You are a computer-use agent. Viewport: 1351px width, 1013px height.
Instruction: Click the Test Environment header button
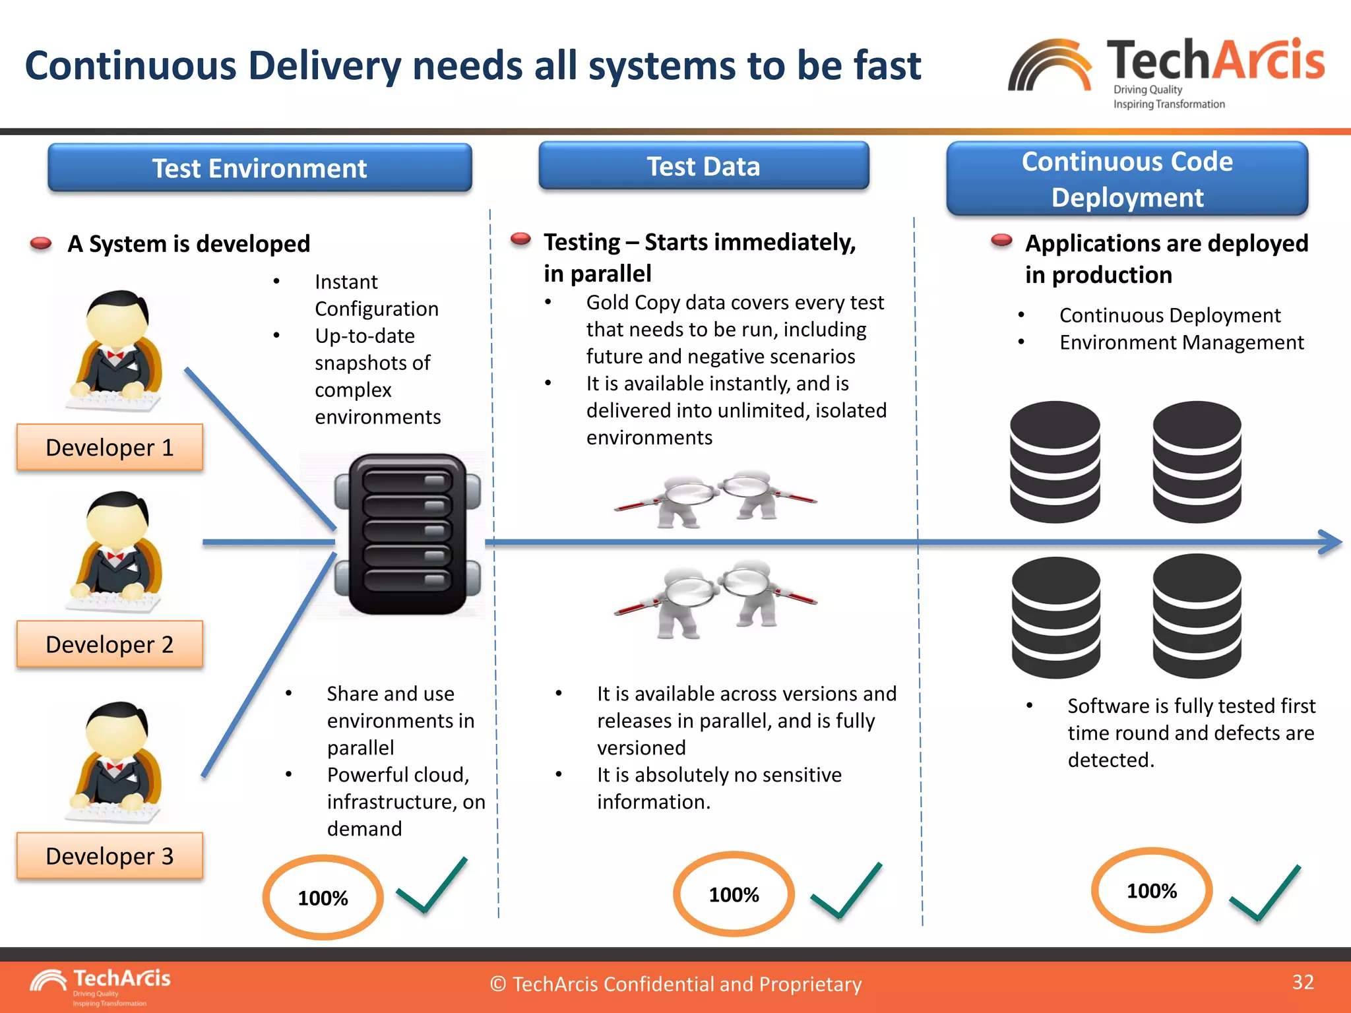click(259, 168)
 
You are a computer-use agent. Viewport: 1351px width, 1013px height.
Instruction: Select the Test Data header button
click(703, 166)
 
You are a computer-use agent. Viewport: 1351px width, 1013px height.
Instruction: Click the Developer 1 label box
click(110, 447)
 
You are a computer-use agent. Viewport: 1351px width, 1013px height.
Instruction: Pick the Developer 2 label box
click(110, 644)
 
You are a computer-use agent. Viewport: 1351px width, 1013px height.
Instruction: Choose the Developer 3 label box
click(110, 855)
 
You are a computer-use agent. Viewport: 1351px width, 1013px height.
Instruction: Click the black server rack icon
click(407, 534)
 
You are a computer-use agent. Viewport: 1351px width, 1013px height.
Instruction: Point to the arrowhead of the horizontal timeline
click(1333, 542)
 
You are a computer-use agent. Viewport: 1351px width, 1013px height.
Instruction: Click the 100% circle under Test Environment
click(323, 898)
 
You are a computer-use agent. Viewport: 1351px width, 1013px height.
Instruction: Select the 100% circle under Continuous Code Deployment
click(1152, 890)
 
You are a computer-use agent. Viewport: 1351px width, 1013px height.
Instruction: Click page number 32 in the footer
click(1303, 982)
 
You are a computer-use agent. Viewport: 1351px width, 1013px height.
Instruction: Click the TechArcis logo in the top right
click(1166, 71)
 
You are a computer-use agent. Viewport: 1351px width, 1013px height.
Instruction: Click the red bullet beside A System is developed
click(41, 244)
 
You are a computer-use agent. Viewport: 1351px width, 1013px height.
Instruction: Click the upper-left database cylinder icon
click(1055, 462)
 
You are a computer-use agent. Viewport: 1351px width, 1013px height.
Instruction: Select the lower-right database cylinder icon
click(1197, 616)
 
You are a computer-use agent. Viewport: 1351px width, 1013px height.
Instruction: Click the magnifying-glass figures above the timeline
click(715, 499)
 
